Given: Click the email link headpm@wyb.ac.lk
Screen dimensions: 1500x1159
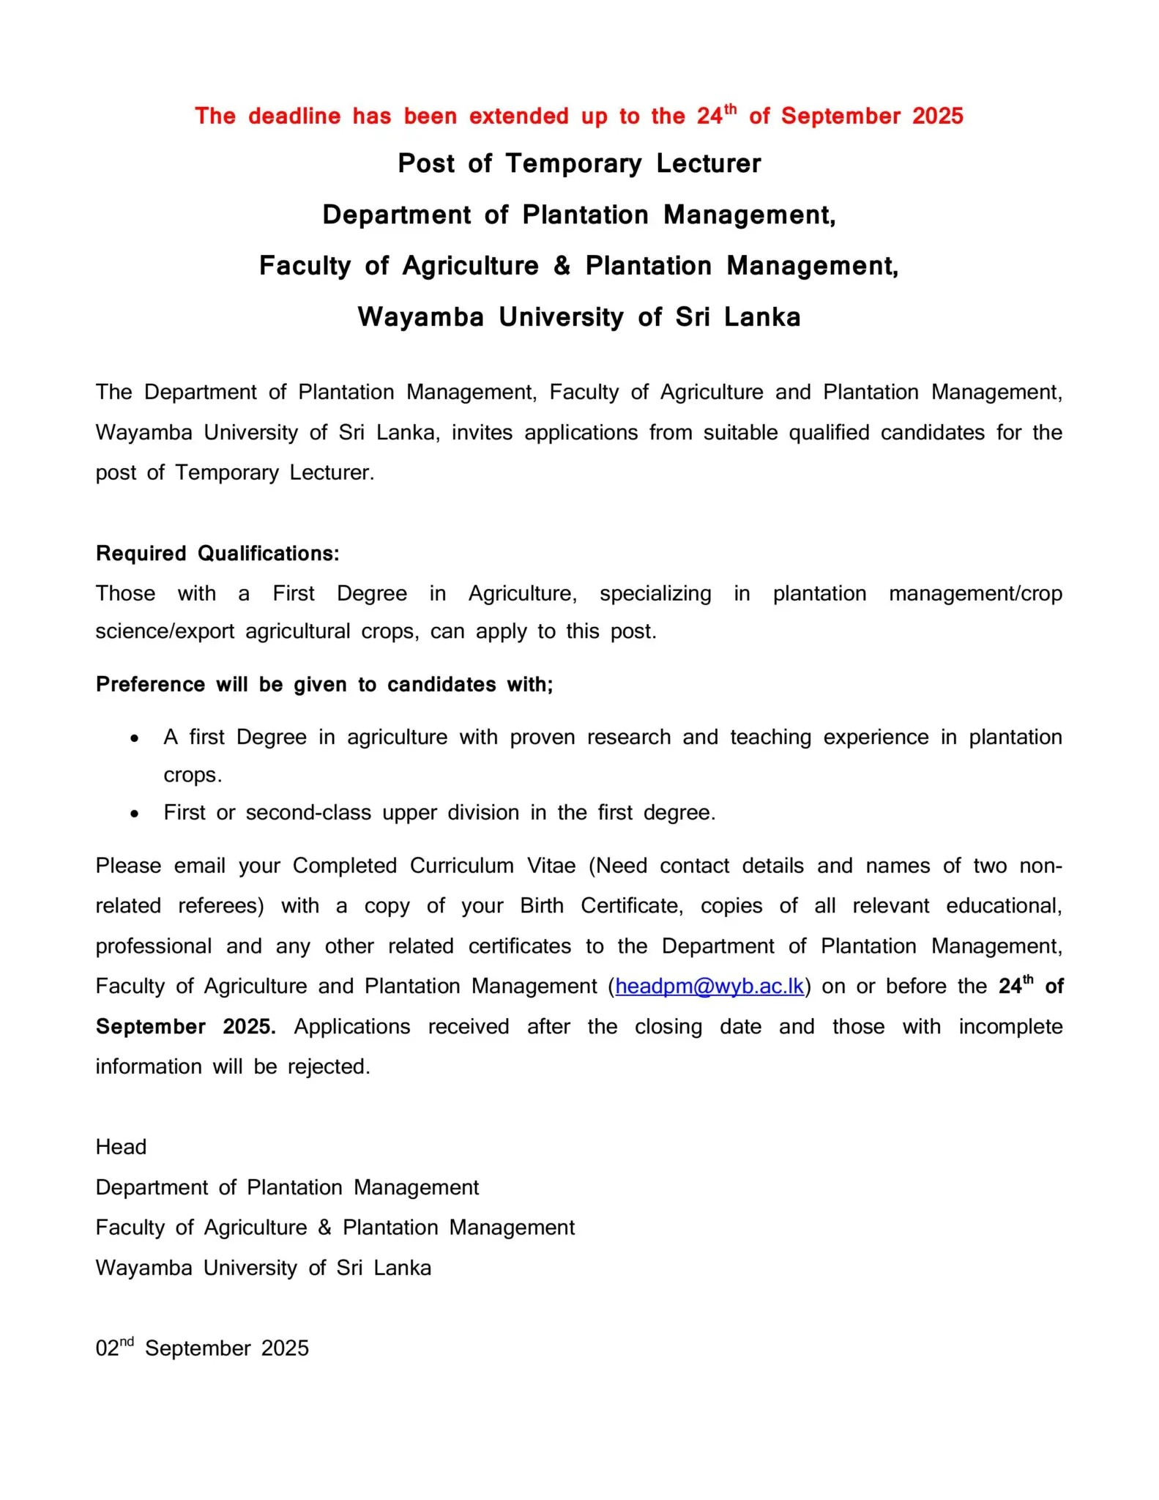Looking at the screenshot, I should [x=709, y=987].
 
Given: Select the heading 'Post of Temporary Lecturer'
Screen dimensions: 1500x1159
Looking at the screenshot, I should [x=579, y=163].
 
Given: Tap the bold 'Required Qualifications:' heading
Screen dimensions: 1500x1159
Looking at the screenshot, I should [x=217, y=554].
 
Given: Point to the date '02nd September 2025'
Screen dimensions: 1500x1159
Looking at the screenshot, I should [x=202, y=1348].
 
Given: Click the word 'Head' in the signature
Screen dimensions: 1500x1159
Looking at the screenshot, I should [x=121, y=1147].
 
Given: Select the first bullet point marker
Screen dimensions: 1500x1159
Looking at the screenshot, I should [x=134, y=739].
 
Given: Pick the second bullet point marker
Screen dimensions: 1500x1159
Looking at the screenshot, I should [x=134, y=814].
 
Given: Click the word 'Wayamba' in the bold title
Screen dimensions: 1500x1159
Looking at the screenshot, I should [x=420, y=317].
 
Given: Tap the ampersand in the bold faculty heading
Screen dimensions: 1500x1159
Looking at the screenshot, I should [x=562, y=266].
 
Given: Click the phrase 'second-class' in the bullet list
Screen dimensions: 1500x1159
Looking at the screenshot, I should [x=308, y=813].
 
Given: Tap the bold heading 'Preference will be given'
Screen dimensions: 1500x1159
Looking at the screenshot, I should [x=324, y=685].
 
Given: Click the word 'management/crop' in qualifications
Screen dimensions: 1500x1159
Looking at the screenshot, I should [x=975, y=593].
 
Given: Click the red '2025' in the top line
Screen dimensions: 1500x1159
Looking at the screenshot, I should [x=938, y=116].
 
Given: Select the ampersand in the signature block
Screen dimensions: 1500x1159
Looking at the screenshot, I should [x=324, y=1228].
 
